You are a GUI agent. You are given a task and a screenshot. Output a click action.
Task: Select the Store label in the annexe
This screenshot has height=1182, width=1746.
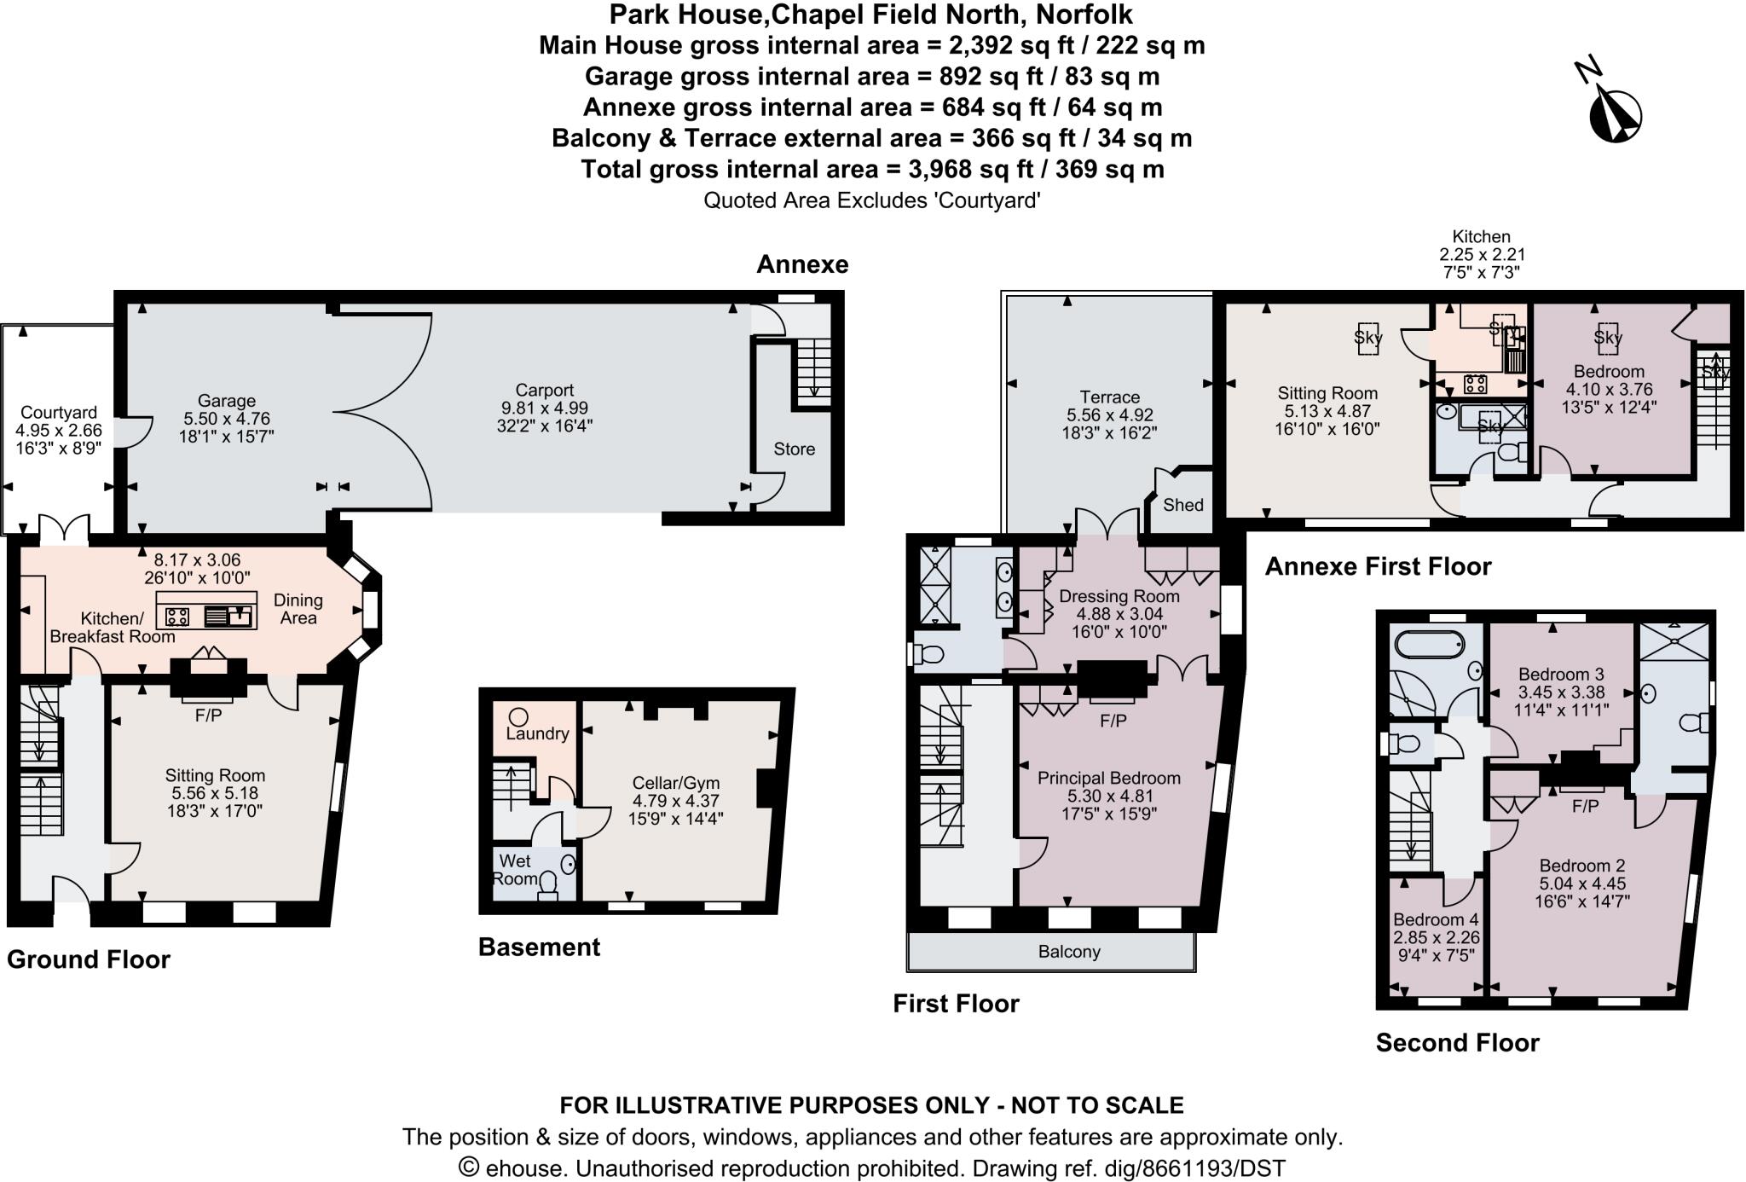(x=794, y=449)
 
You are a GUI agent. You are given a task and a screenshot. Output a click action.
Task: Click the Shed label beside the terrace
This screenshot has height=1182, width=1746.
(x=1182, y=505)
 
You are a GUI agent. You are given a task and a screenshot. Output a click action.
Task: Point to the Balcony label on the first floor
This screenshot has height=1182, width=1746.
(x=1069, y=952)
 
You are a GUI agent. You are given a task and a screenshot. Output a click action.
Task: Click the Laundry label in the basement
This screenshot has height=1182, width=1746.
(x=537, y=733)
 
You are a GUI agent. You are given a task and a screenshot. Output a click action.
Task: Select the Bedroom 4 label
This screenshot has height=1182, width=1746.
(x=1436, y=919)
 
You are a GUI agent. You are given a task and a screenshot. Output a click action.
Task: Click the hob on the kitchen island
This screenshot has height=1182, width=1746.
(x=177, y=616)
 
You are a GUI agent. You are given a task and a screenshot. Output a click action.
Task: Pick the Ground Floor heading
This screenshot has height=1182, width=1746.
(x=89, y=959)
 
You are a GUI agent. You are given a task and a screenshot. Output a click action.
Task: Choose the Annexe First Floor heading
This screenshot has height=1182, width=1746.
(x=1378, y=566)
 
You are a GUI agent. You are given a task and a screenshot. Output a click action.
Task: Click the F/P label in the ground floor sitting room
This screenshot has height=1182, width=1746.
(x=208, y=716)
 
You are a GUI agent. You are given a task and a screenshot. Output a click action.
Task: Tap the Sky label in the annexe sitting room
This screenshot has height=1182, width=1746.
(x=1367, y=337)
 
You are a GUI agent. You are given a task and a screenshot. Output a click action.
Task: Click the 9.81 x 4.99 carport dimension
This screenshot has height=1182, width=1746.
(x=544, y=408)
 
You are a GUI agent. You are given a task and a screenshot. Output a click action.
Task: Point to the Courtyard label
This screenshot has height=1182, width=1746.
(x=59, y=413)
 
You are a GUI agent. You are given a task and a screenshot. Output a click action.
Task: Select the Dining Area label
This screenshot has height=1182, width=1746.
(x=298, y=609)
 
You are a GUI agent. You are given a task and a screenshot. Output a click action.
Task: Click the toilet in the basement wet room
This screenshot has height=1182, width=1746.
(x=548, y=885)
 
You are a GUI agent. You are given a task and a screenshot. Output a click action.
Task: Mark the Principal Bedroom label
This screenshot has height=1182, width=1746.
(x=1108, y=778)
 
